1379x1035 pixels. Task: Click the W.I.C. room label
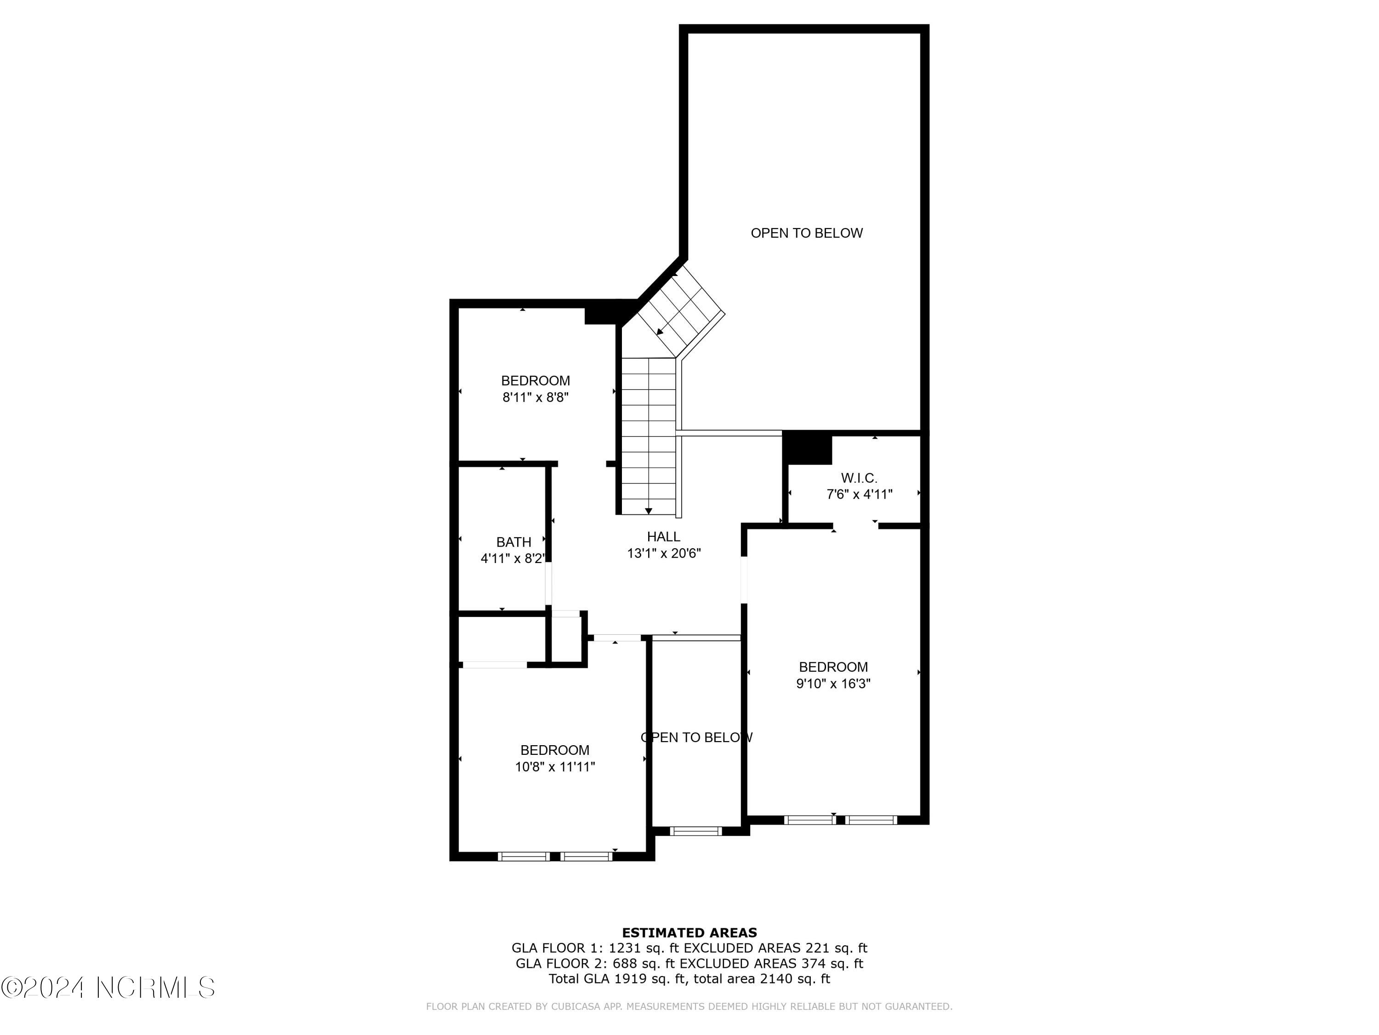pos(859,478)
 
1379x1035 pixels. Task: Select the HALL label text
pos(663,536)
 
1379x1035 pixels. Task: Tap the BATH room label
pos(514,542)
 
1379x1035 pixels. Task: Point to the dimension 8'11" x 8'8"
pos(536,397)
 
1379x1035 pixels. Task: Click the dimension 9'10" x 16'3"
pos(833,683)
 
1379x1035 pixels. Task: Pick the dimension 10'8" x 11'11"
pos(555,767)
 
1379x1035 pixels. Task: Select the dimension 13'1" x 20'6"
pos(664,553)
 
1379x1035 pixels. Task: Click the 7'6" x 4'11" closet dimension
pos(859,494)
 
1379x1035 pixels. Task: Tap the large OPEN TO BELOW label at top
pos(806,233)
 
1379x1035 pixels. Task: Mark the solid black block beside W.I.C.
pos(807,447)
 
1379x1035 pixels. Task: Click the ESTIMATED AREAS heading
pos(689,933)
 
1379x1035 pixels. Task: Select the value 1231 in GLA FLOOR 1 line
pos(625,948)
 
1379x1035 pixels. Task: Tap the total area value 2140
pos(777,979)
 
